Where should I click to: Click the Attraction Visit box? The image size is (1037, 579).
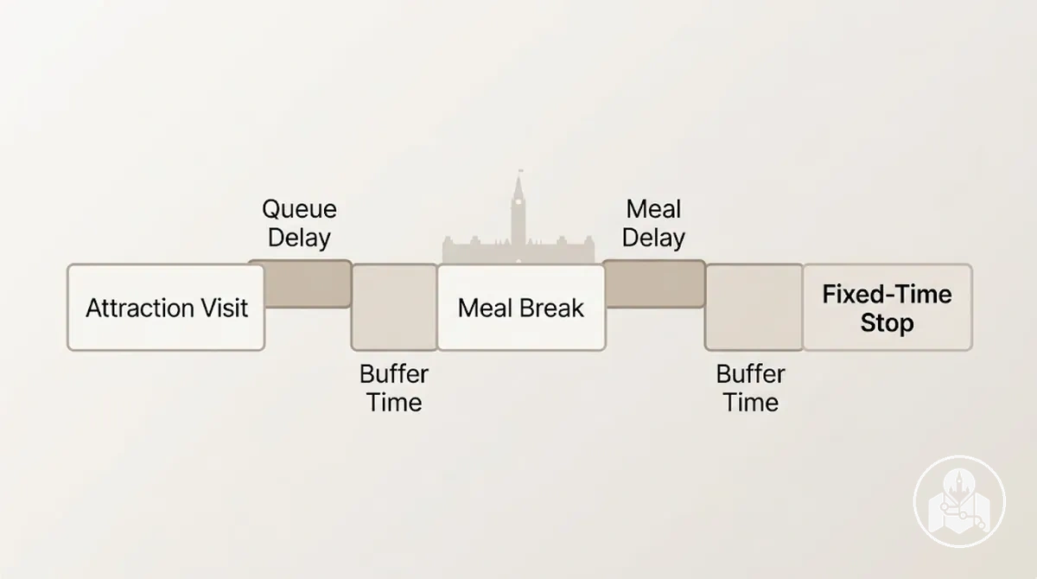(166, 308)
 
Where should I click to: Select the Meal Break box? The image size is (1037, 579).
(521, 308)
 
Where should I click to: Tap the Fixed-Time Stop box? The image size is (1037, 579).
(887, 308)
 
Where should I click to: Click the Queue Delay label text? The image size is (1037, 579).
(300, 224)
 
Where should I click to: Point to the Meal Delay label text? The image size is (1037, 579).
(653, 224)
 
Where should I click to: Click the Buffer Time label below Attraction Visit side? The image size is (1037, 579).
(394, 388)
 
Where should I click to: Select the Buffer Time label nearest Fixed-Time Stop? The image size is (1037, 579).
(750, 388)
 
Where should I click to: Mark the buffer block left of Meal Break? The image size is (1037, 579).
(394, 308)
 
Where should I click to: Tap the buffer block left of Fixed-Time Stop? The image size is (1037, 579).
(754, 308)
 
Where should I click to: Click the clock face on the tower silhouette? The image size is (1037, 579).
(518, 202)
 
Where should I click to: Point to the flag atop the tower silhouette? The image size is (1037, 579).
(521, 171)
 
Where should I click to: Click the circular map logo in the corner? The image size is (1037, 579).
(959, 501)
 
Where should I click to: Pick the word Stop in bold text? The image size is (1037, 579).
(887, 322)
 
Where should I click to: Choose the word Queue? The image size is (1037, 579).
(300, 210)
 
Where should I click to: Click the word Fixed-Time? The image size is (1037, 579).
(887, 294)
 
